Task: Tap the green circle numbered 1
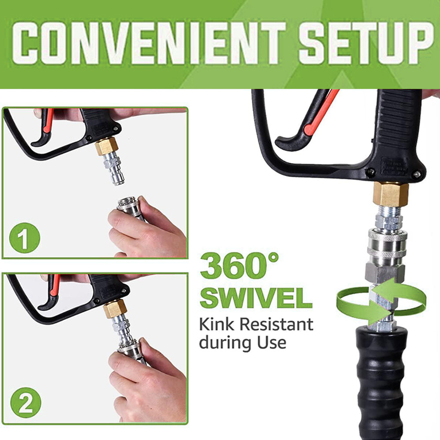25,238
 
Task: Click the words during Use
243,343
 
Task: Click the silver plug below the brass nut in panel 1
114,173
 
